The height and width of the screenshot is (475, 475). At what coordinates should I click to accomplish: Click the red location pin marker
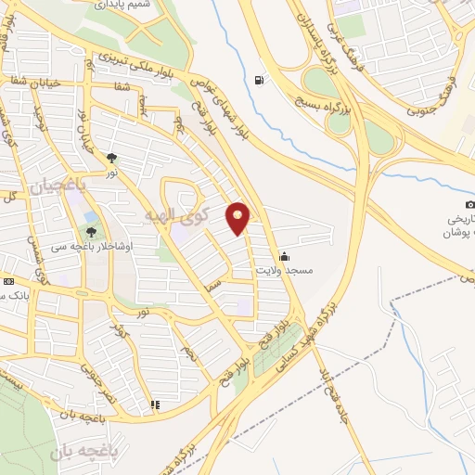tap(238, 218)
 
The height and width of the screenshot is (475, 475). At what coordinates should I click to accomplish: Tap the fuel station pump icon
tap(257, 79)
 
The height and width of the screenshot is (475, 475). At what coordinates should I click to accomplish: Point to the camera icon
tap(470, 204)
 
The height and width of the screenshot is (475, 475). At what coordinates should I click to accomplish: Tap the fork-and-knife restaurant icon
tap(155, 404)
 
